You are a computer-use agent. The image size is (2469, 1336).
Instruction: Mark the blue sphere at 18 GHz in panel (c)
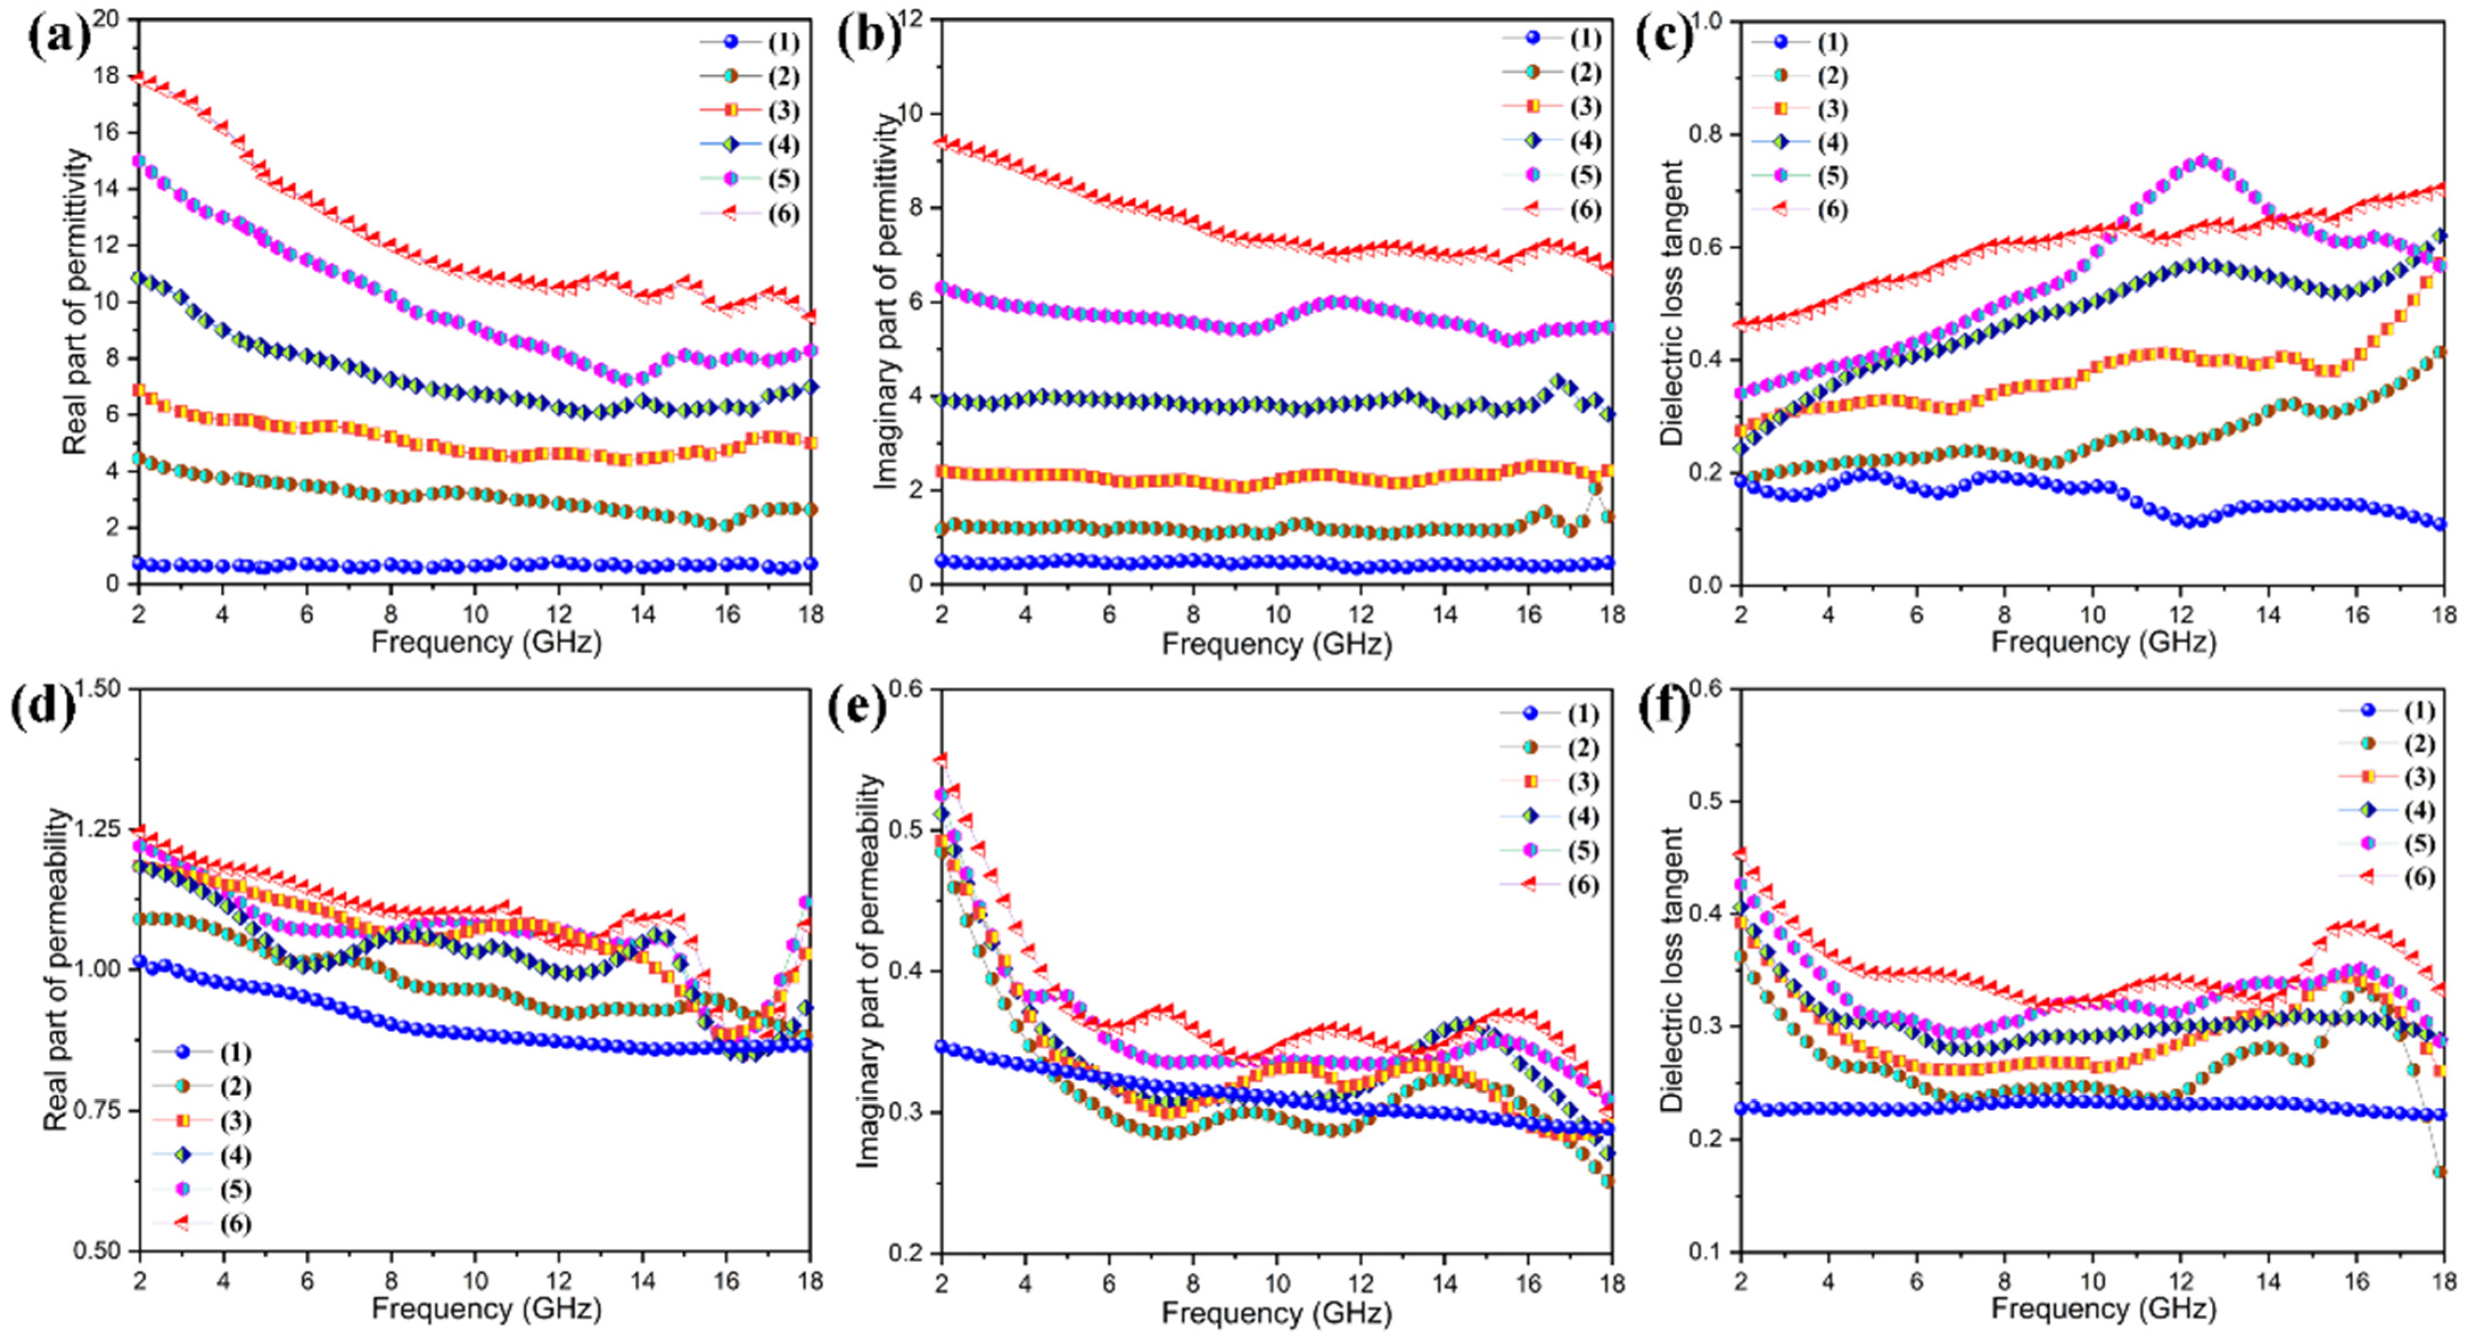[x=2441, y=523]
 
